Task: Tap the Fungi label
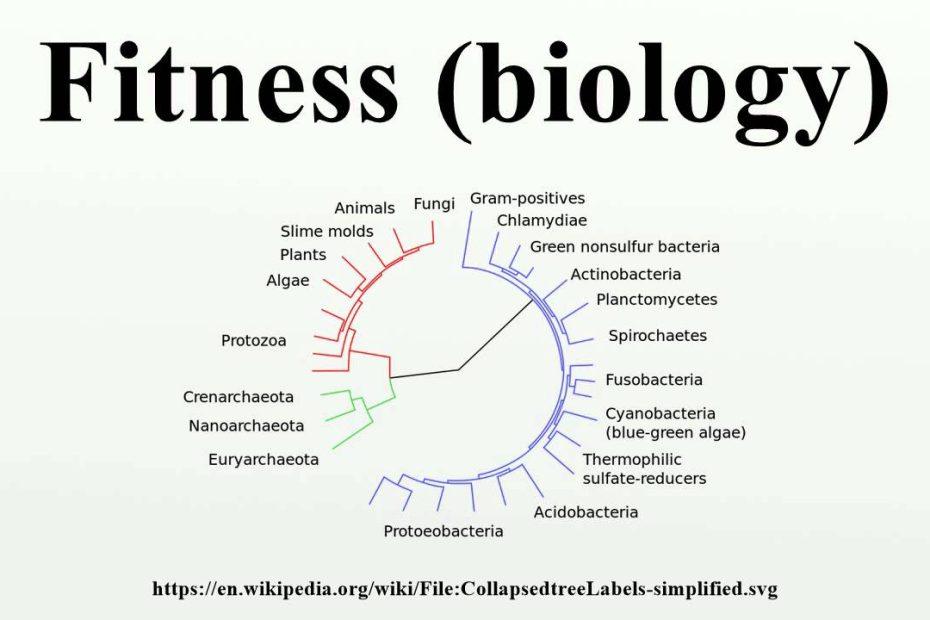(434, 204)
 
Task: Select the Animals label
(364, 208)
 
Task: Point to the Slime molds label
(327, 231)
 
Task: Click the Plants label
(303, 255)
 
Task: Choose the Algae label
(288, 281)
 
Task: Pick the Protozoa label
(254, 341)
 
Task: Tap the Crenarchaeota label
(238, 397)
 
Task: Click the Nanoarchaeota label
(246, 426)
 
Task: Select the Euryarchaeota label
(263, 460)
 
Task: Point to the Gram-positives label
(527, 199)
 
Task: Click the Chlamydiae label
(542, 221)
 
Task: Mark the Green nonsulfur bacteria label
(625, 247)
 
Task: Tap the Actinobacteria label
(626, 275)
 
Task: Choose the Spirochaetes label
(658, 336)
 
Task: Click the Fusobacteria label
(654, 380)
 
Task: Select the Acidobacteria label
(586, 512)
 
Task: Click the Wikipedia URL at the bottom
(465, 589)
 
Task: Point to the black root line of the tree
(458, 370)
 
